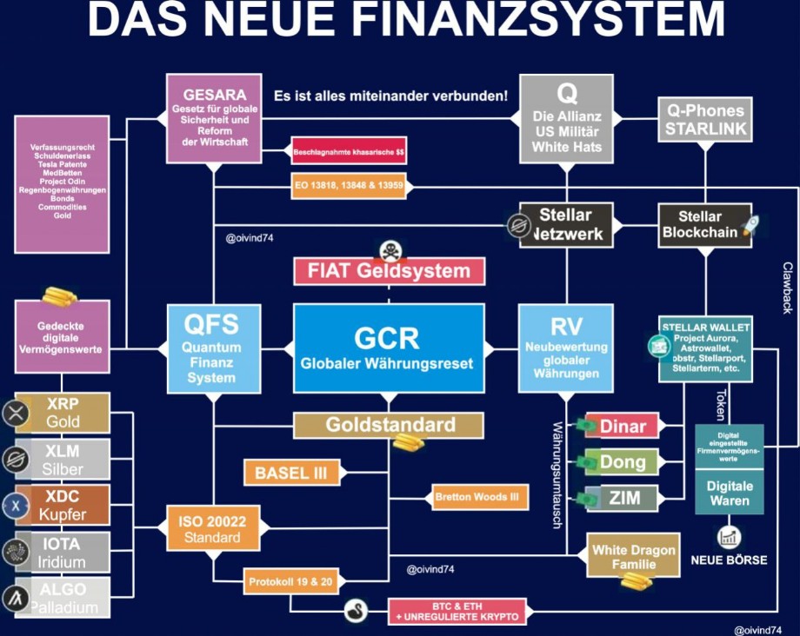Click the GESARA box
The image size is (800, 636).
point(215,118)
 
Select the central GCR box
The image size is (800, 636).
point(387,348)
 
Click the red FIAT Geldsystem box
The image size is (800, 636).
point(389,270)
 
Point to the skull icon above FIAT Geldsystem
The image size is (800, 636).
point(388,252)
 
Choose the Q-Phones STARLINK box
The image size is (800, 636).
point(705,120)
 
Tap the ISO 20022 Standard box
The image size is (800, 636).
point(212,527)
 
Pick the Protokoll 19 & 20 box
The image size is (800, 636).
point(290,580)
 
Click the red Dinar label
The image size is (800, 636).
point(623,426)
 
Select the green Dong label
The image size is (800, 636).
point(623,462)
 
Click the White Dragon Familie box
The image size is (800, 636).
point(632,556)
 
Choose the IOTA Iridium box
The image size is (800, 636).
point(63,552)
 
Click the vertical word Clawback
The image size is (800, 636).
point(787,288)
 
